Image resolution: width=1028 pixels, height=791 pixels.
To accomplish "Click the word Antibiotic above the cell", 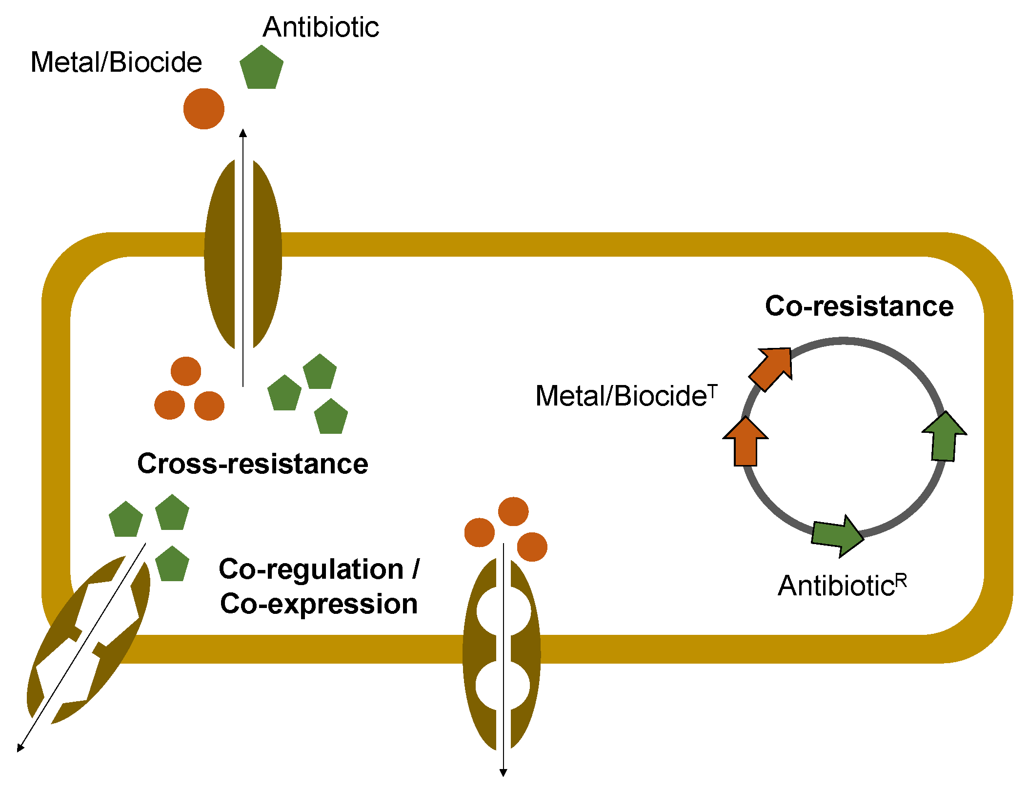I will point(321,27).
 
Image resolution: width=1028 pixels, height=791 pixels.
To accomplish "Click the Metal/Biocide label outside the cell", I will point(116,62).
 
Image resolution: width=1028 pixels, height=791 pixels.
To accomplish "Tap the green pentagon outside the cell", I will point(262,68).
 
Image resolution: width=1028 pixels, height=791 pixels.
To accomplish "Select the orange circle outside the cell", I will point(204,109).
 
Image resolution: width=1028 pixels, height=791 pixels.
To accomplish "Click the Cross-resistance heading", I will point(252,464).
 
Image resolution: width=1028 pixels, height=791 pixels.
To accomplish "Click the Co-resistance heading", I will point(859,306).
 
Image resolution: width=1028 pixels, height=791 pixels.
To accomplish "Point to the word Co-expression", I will point(319,604).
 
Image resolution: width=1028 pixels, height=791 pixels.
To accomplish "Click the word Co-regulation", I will point(311,569).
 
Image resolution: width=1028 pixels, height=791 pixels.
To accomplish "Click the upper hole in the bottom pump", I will point(503,611).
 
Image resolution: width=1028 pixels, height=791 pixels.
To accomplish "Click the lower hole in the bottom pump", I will point(503,685).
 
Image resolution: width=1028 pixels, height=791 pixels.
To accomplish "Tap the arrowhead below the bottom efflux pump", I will point(503,772).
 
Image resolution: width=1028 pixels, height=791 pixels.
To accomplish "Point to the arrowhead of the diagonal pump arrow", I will point(20,748).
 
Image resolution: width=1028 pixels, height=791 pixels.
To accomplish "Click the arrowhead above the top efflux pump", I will point(243,133).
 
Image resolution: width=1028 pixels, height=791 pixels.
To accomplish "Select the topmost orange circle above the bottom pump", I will point(513,511).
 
